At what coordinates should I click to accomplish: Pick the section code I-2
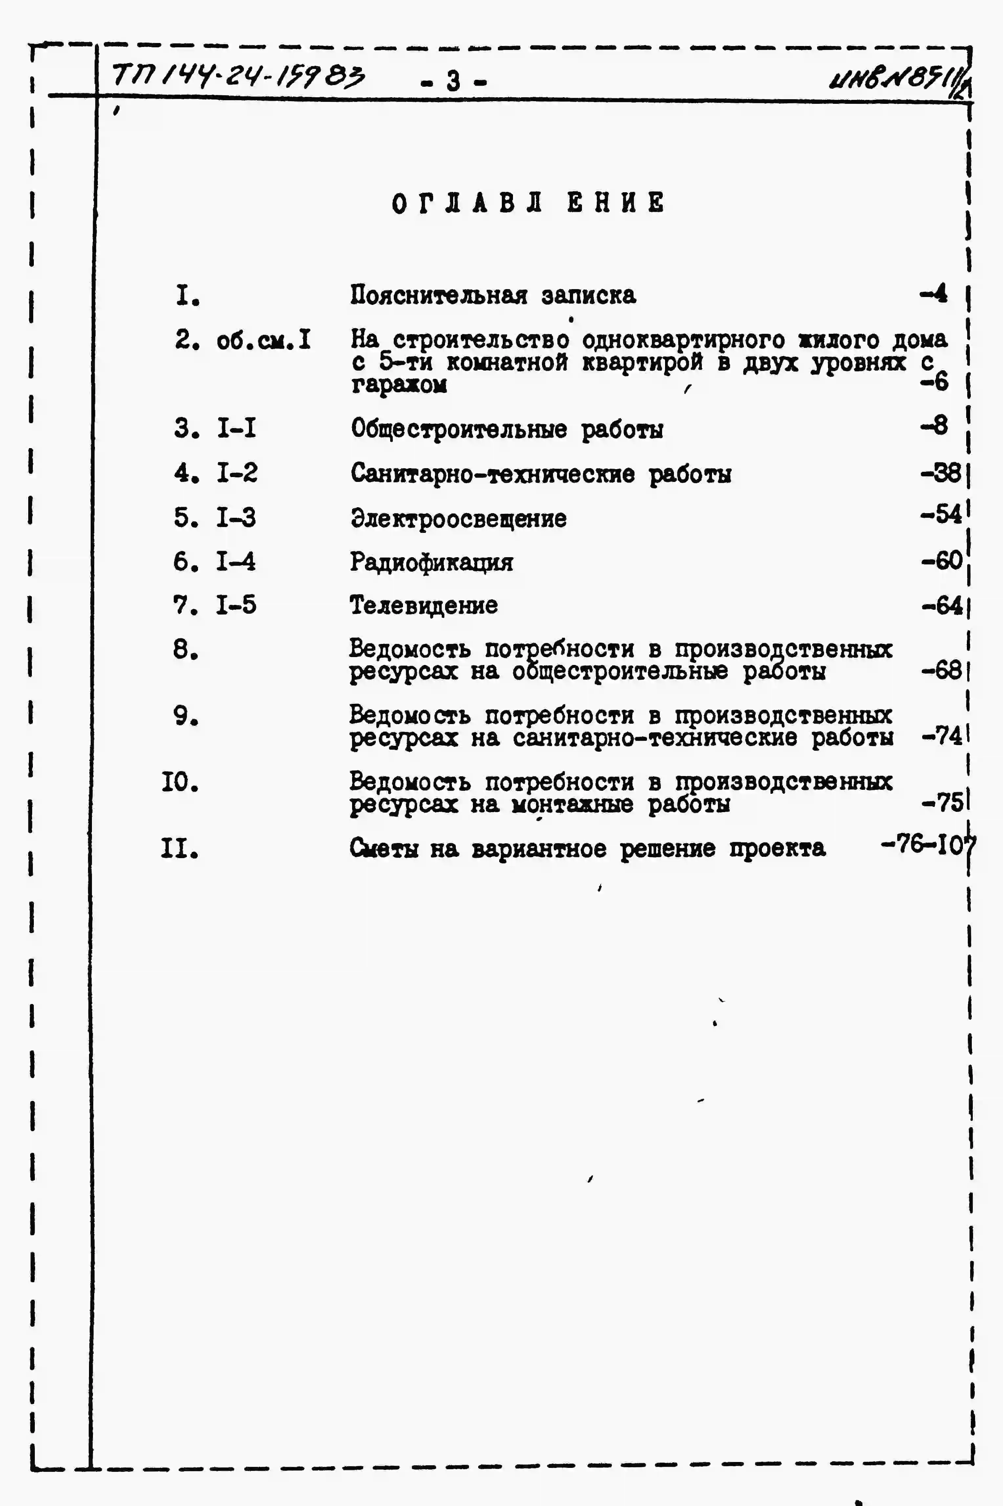[x=237, y=473]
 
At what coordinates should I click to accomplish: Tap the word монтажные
[x=572, y=804]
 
